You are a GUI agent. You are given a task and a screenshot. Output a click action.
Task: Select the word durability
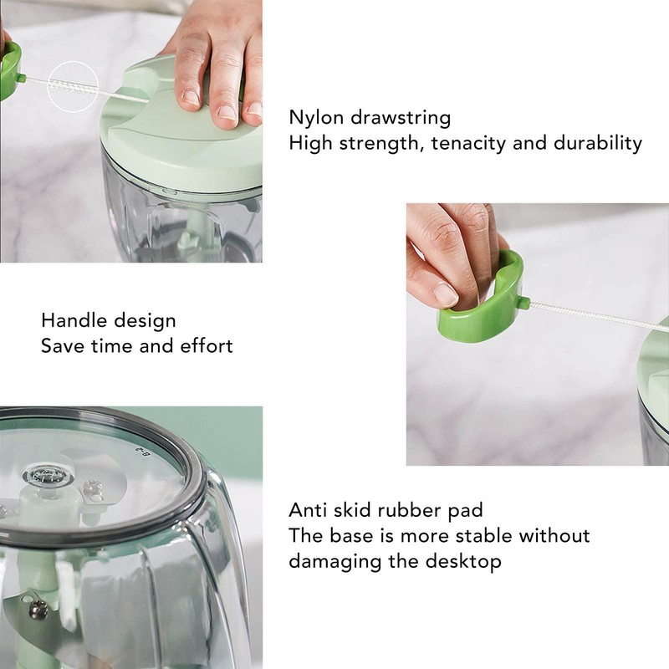[x=598, y=143]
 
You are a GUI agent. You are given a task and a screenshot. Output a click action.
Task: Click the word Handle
[x=74, y=320]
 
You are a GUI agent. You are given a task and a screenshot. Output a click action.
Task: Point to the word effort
[x=206, y=345]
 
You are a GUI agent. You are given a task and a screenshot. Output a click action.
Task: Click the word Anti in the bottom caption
[x=311, y=509]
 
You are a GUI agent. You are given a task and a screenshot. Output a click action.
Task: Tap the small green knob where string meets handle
[x=521, y=302]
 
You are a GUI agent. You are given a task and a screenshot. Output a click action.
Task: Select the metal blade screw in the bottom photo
[x=38, y=608]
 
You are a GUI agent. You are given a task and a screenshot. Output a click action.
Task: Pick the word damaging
[x=332, y=561]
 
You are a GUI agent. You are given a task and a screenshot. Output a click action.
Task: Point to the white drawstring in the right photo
[x=594, y=316]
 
